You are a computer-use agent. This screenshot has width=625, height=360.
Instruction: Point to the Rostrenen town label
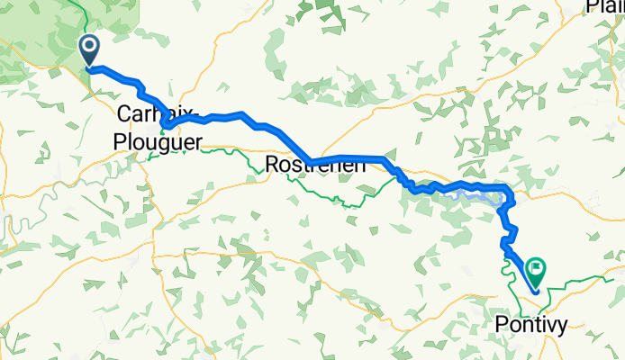316,165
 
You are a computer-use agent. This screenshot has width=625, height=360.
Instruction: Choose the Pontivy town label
532,326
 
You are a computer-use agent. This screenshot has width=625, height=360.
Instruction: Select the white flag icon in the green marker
538,266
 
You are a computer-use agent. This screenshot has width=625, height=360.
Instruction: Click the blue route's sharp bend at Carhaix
168,125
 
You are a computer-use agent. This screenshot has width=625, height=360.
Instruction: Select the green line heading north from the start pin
84,13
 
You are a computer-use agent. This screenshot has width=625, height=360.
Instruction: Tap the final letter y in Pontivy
563,328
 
